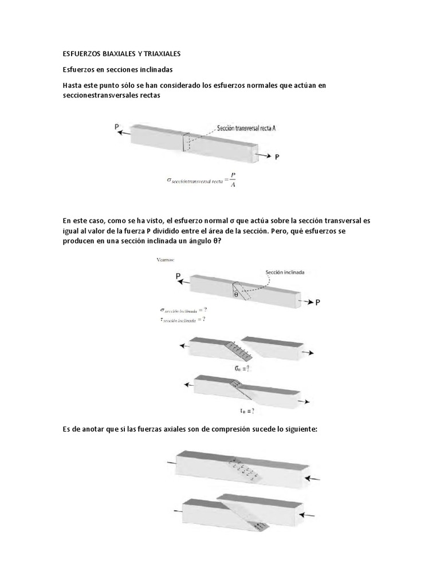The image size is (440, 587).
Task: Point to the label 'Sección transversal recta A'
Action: point(248,130)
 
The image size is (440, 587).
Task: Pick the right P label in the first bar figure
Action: point(277,156)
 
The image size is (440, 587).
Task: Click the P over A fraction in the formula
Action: point(232,179)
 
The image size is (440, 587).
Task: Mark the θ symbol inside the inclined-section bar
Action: point(236,295)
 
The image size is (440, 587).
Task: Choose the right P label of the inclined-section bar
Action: point(318,302)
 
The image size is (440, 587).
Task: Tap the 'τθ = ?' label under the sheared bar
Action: point(247,410)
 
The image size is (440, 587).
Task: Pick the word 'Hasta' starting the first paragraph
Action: point(73,85)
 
